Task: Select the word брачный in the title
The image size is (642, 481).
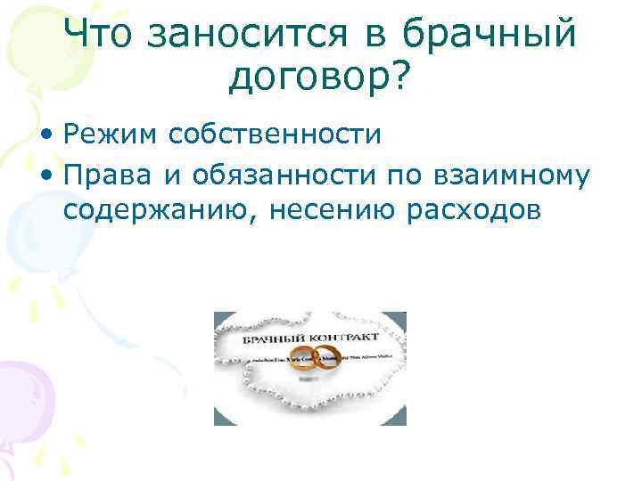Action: tap(489, 35)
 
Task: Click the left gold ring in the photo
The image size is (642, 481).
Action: tap(302, 358)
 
